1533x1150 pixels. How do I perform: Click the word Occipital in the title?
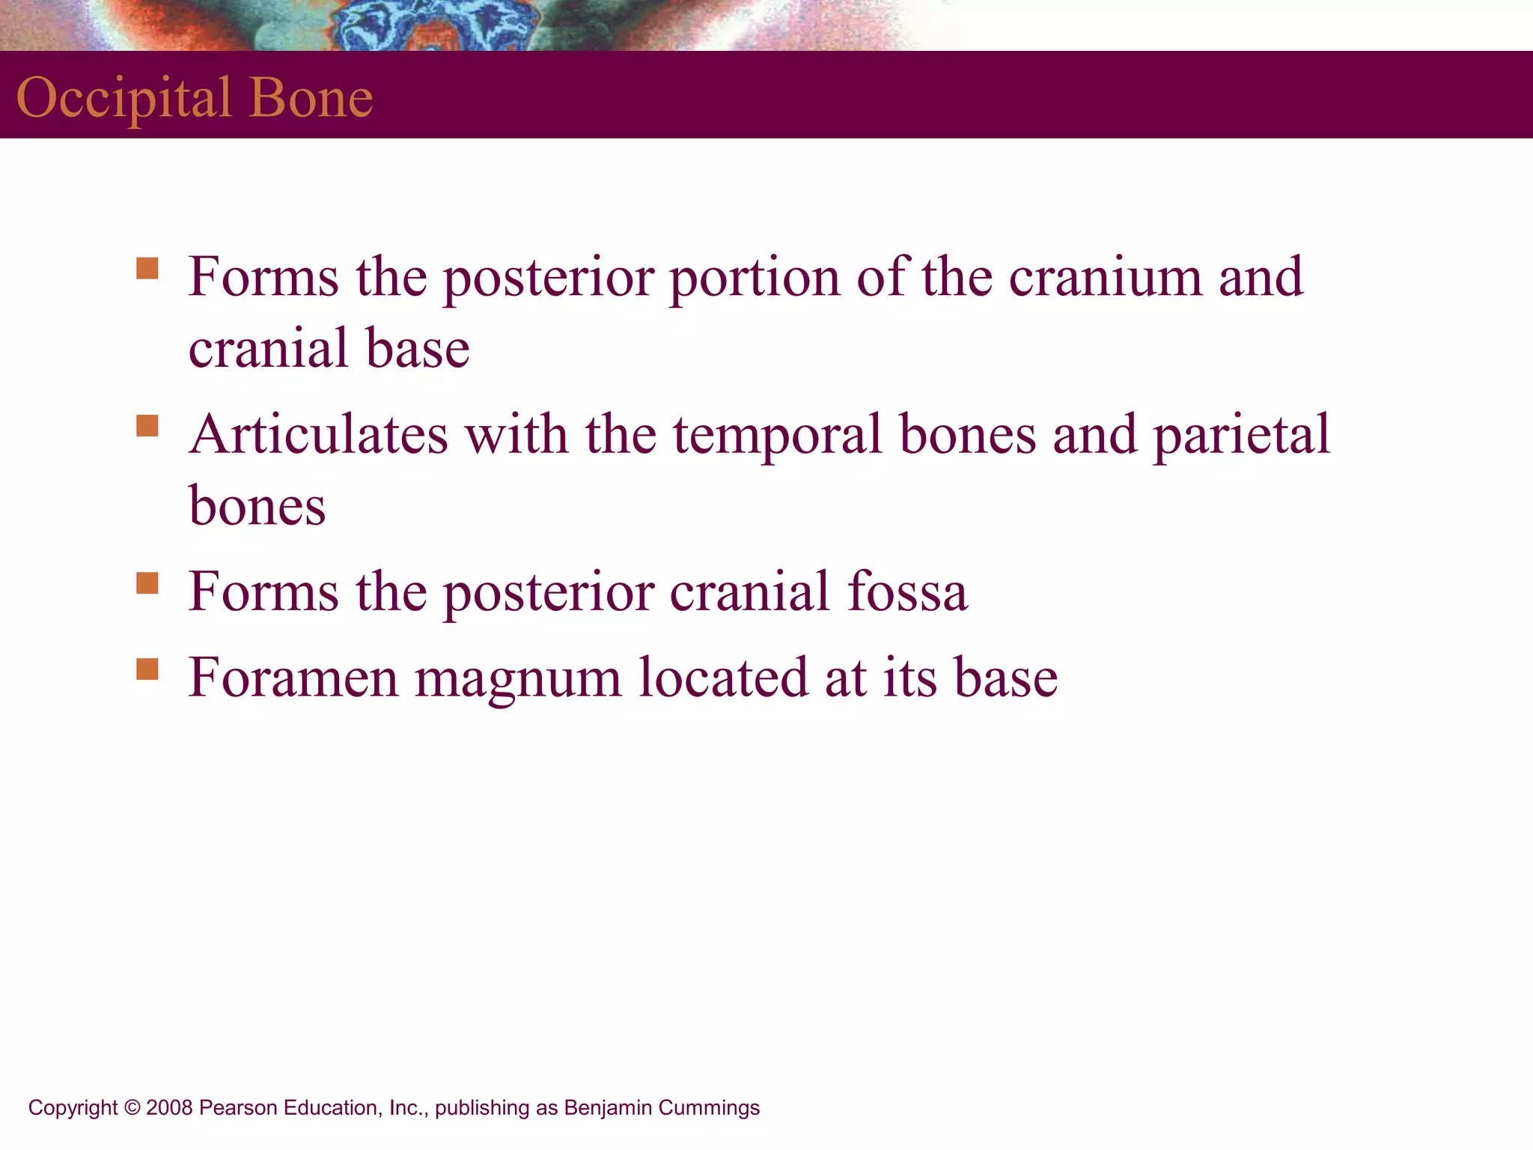(x=124, y=98)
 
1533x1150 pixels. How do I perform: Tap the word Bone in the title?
(x=311, y=98)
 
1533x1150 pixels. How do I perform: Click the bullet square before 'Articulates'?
(x=147, y=426)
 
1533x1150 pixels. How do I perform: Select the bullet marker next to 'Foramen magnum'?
(x=147, y=669)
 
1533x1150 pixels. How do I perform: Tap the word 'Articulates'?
(x=319, y=434)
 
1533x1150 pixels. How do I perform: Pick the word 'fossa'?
(x=907, y=591)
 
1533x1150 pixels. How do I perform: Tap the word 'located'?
(x=723, y=678)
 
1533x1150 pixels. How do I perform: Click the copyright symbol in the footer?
(x=132, y=1108)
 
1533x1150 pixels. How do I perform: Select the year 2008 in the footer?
(x=170, y=1108)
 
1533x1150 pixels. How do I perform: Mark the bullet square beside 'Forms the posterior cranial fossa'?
(x=147, y=583)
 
